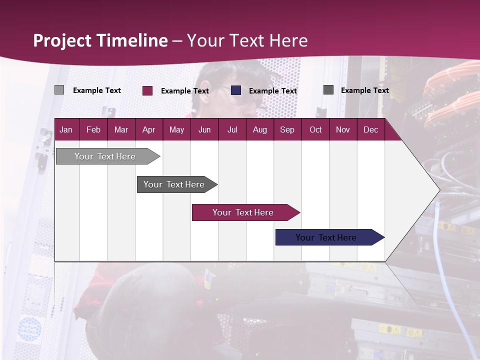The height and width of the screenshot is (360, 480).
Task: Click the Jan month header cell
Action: coord(66,130)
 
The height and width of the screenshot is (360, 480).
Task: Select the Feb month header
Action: coord(93,130)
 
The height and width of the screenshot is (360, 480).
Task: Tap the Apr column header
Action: coord(148,130)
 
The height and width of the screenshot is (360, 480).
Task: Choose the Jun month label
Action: coord(204,130)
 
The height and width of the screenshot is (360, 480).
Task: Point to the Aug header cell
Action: coord(259,130)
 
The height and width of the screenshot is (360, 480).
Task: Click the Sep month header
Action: coord(287,130)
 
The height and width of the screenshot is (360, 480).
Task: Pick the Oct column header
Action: coord(315,130)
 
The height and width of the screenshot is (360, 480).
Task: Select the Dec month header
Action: coord(370,130)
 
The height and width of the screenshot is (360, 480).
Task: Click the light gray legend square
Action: coord(59,90)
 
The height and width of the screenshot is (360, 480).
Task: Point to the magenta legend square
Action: coord(147,90)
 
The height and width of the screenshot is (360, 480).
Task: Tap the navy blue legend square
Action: coord(236,90)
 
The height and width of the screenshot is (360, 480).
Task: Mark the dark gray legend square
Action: coord(328,90)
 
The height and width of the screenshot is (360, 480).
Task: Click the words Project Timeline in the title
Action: coord(100,40)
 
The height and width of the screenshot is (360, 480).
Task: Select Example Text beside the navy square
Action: coord(272,91)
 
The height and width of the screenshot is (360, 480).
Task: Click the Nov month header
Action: coord(342,130)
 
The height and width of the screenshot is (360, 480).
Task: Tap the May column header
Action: coord(176,130)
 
